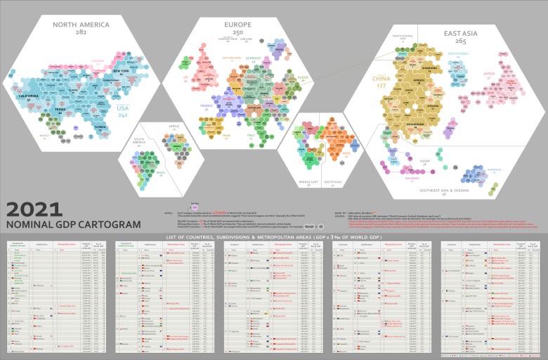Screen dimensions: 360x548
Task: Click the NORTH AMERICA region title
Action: (x=81, y=25)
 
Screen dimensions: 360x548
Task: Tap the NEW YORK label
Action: (x=120, y=71)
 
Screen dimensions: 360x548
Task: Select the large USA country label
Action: (x=123, y=108)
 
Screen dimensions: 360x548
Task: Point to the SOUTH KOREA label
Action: (x=457, y=53)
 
